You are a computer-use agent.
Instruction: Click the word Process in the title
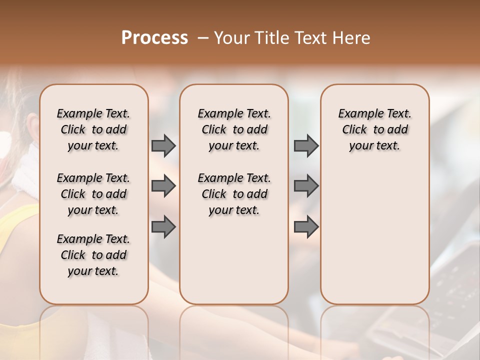[154, 38]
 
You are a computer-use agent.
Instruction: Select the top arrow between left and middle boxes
[163, 146]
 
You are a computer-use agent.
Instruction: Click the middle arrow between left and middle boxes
[163, 186]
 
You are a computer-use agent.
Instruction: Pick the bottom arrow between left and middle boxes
[163, 227]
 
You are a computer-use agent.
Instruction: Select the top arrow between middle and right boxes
[306, 146]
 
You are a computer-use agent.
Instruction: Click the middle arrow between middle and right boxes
[306, 186]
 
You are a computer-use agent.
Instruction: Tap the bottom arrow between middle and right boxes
[306, 227]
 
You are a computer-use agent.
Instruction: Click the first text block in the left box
[93, 130]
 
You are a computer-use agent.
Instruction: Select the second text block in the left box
[93, 194]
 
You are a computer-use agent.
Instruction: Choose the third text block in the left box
[93, 255]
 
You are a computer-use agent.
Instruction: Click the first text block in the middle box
[234, 130]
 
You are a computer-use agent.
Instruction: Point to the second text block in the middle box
[234, 194]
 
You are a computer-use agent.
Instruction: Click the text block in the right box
[374, 130]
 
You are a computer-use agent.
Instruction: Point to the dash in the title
[203, 38]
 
